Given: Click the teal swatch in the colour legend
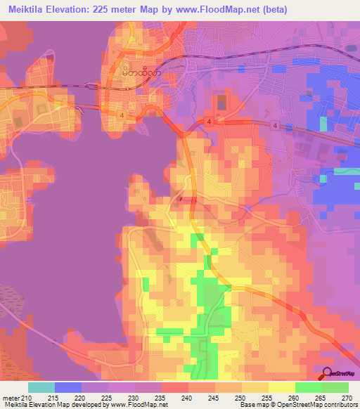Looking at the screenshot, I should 41,387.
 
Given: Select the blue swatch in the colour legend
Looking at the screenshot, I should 68,387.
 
